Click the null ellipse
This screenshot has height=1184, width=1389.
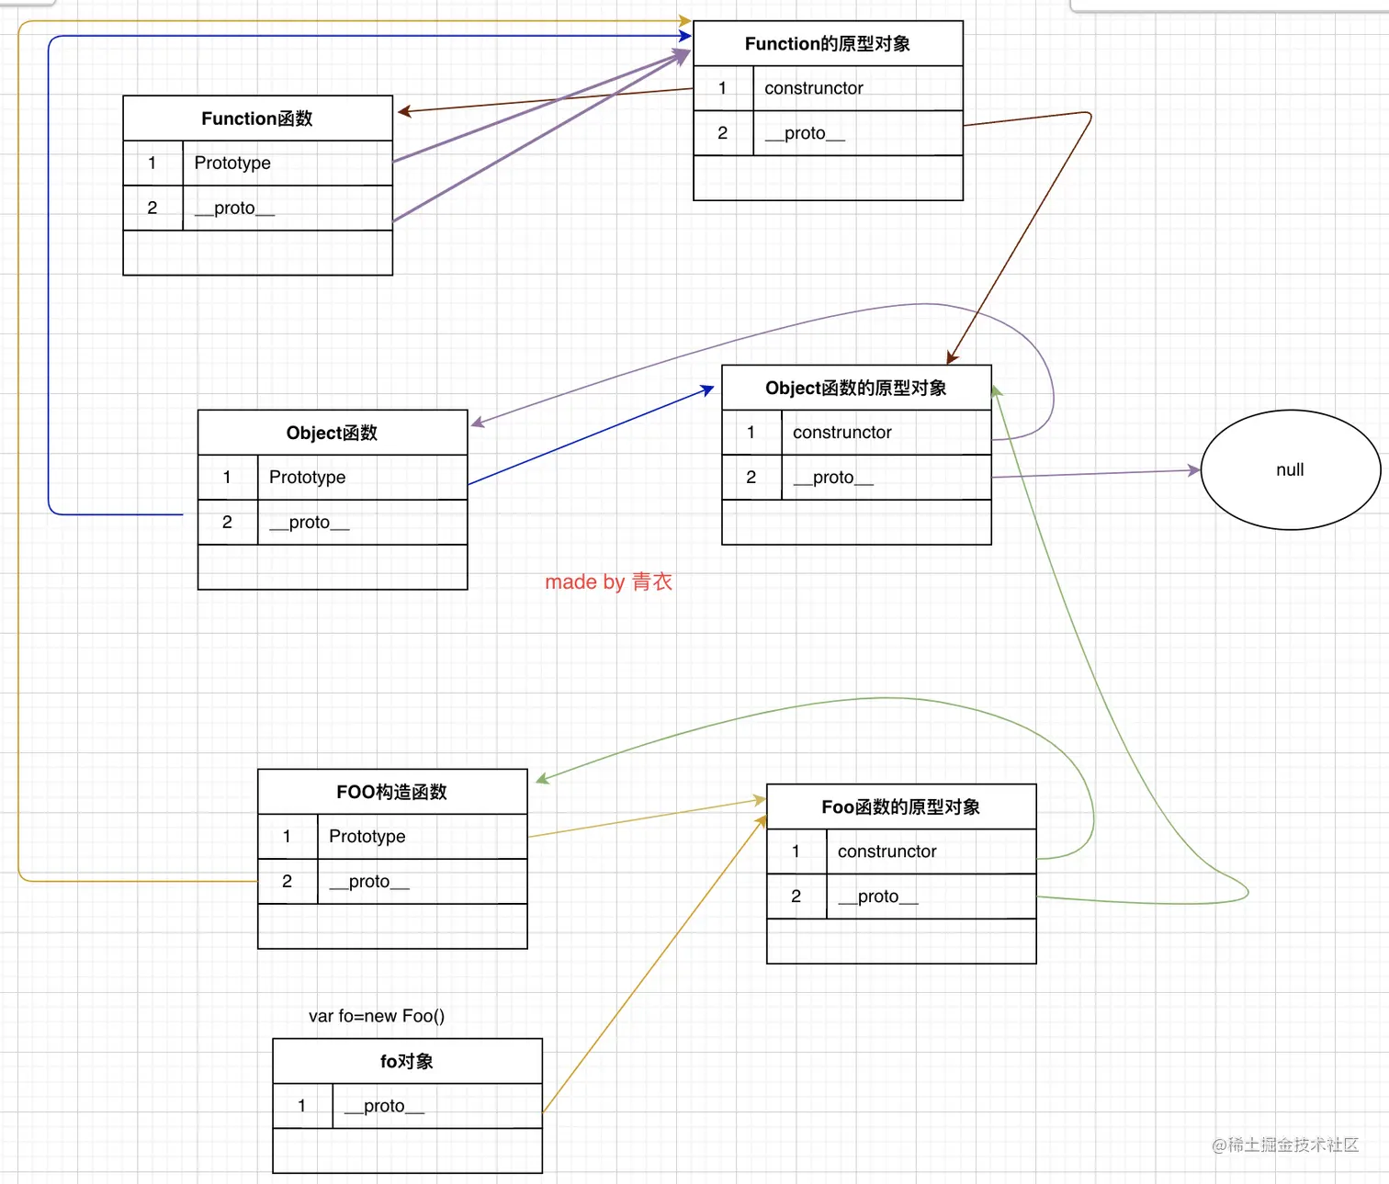pyautogui.click(x=1290, y=470)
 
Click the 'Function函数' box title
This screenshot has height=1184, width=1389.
pyautogui.click(x=257, y=118)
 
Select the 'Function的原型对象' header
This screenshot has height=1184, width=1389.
pyautogui.click(x=828, y=44)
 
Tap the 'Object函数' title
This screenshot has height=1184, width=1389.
pyautogui.click(x=332, y=433)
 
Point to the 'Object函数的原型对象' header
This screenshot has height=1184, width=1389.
pyautogui.click(x=856, y=388)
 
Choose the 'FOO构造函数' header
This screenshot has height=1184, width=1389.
pyautogui.click(x=392, y=792)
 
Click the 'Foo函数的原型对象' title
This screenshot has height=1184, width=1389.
pyautogui.click(x=900, y=806)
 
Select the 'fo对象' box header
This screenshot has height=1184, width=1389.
pyautogui.click(x=407, y=1061)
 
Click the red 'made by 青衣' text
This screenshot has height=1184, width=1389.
pyautogui.click(x=608, y=581)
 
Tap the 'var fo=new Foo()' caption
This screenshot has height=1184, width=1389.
pyautogui.click(x=377, y=1016)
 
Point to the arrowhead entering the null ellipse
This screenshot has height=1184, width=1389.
pyautogui.click(x=1194, y=470)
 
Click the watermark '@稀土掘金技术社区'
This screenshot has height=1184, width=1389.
pyautogui.click(x=1284, y=1145)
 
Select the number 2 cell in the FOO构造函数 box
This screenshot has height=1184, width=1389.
pyautogui.click(x=288, y=882)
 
